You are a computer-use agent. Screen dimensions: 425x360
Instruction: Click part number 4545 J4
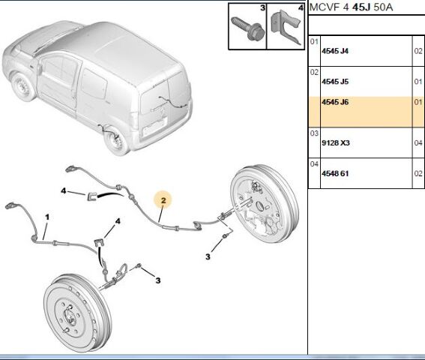[x=335, y=51]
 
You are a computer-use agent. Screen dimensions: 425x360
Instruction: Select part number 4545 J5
[x=335, y=82]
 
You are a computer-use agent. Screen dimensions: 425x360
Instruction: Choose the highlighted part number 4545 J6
[x=335, y=102]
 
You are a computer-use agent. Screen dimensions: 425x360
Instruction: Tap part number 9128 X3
[x=336, y=142]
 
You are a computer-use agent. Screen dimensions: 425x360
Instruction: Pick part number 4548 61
[x=335, y=173]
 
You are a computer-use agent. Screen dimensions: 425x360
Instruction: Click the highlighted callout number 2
[x=163, y=200]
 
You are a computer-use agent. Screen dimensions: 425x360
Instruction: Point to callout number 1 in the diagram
[x=47, y=217]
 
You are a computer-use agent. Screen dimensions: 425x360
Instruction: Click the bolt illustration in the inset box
[x=247, y=28]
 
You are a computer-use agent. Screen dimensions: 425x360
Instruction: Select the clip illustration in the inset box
[x=286, y=27]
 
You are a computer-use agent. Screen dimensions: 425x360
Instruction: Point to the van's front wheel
[x=23, y=86]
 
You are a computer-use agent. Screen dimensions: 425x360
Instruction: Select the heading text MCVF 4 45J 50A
[x=351, y=7]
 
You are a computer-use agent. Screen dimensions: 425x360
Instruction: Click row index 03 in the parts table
[x=314, y=133]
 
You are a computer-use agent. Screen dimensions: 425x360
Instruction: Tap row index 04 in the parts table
[x=314, y=163]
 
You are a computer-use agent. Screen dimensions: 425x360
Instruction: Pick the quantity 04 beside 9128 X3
[x=418, y=143]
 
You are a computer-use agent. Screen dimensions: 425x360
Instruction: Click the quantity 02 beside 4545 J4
[x=418, y=51]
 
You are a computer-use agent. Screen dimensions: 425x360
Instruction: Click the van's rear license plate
[x=154, y=127]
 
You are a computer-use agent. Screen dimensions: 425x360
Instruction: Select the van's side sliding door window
[x=94, y=83]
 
